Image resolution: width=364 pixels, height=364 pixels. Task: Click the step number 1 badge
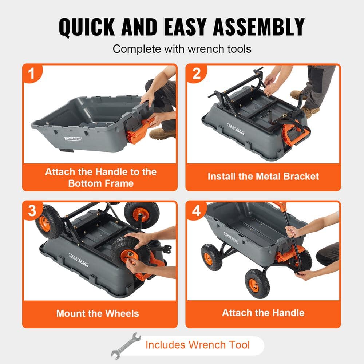point(32,74)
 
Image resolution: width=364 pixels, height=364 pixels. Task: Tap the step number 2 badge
point(197,74)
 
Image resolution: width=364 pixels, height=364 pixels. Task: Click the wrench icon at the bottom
point(126,345)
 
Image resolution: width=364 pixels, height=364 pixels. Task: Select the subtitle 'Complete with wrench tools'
point(182,49)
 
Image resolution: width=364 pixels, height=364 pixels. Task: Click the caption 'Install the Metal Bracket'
point(263,177)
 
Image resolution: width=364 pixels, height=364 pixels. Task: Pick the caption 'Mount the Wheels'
point(98,313)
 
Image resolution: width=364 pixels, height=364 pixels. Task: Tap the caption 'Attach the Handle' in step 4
point(263,313)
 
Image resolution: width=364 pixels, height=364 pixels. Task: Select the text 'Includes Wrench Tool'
point(198,345)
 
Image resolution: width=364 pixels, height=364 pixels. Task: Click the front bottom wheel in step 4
point(257,283)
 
